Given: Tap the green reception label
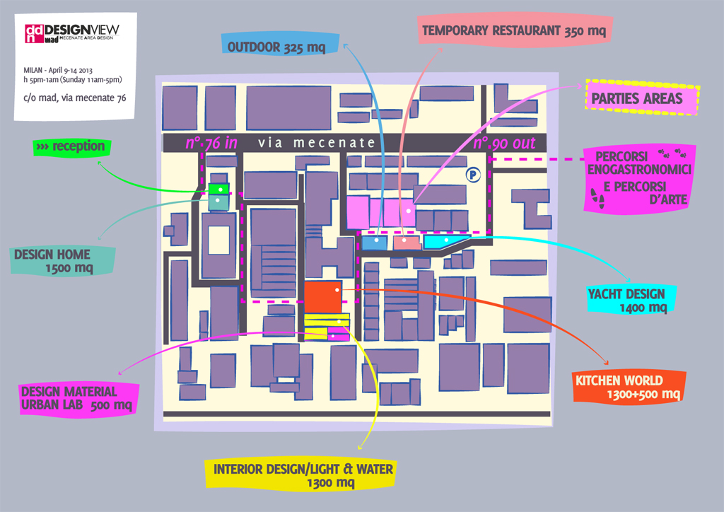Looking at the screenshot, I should tap(70, 147).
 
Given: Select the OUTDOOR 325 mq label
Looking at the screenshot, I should tap(276, 47).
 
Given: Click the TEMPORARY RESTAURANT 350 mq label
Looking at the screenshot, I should tap(513, 31).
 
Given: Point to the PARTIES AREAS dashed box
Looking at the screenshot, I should tap(642, 98).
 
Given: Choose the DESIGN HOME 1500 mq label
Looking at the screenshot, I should tap(64, 261).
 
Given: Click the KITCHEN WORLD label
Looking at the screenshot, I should tap(629, 386).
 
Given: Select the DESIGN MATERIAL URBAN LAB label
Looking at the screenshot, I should tap(76, 398).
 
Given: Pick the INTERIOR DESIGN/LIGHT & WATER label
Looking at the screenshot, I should tap(303, 475).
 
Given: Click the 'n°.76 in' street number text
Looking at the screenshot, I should tap(211, 143).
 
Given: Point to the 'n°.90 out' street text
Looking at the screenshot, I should tap(504, 143).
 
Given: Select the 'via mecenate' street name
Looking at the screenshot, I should tap(317, 143).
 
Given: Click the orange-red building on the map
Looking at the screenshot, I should tap(323, 295).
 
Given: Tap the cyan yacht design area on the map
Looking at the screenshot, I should tap(445, 242).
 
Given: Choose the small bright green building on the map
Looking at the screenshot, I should tap(218, 190).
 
